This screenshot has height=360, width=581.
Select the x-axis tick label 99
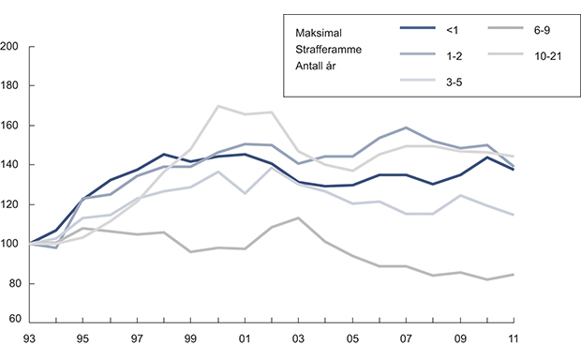pyautogui.click(x=191, y=338)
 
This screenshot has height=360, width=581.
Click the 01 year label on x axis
pyautogui.click(x=244, y=338)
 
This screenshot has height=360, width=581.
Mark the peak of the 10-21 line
pyautogui.click(x=218, y=106)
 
